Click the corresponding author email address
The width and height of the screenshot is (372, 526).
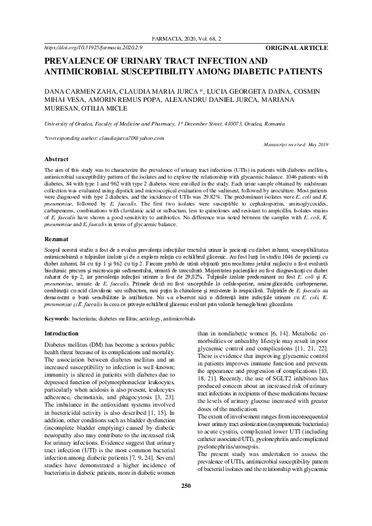coord(129,138)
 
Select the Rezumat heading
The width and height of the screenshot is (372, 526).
coord(56,239)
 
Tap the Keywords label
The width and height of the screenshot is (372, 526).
coord(57,319)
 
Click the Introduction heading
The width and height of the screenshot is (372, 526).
coord(61,334)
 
